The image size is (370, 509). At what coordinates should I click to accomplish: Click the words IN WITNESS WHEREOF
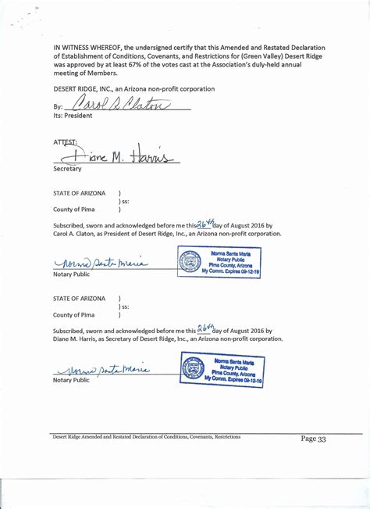click(x=85, y=48)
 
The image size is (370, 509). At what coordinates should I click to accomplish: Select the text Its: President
click(x=73, y=116)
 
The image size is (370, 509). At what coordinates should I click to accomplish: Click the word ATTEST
click(x=66, y=142)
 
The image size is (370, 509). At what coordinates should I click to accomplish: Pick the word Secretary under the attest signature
click(x=67, y=169)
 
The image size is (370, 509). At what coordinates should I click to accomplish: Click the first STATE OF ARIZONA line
click(x=79, y=192)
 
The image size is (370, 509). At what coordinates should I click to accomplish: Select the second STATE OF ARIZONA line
click(x=79, y=299)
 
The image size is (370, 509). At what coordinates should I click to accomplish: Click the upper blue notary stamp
click(x=220, y=261)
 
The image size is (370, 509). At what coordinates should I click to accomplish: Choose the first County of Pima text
click(x=74, y=210)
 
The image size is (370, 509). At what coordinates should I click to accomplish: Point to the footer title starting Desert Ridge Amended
click(x=146, y=436)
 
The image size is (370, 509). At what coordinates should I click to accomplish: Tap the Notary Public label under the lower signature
click(x=73, y=381)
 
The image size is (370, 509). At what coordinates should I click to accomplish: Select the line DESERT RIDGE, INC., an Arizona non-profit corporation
click(x=133, y=89)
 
